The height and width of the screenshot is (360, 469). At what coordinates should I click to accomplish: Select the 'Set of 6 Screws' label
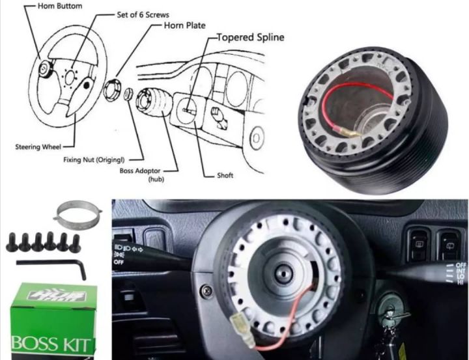pyautogui.click(x=143, y=14)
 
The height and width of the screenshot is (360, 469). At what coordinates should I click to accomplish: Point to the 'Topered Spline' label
pyautogui.click(x=250, y=37)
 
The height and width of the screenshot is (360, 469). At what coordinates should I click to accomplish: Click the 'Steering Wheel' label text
pyautogui.click(x=38, y=146)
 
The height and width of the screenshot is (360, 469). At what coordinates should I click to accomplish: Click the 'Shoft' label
pyautogui.click(x=225, y=176)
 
